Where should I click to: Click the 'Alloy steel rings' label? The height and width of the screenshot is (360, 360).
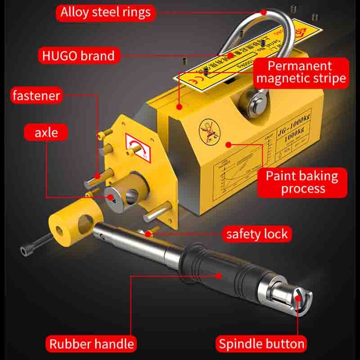106,12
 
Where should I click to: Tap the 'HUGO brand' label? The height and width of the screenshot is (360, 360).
78,56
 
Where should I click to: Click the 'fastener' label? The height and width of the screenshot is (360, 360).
36,95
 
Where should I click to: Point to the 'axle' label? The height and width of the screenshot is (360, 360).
46,133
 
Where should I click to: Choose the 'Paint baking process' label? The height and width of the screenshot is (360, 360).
302,182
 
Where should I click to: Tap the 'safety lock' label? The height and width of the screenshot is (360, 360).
256,234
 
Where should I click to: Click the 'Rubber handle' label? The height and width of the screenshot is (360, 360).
91,344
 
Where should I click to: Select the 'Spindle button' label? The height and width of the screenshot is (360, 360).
261,344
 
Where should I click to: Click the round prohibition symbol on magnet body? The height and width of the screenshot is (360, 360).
208,128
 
